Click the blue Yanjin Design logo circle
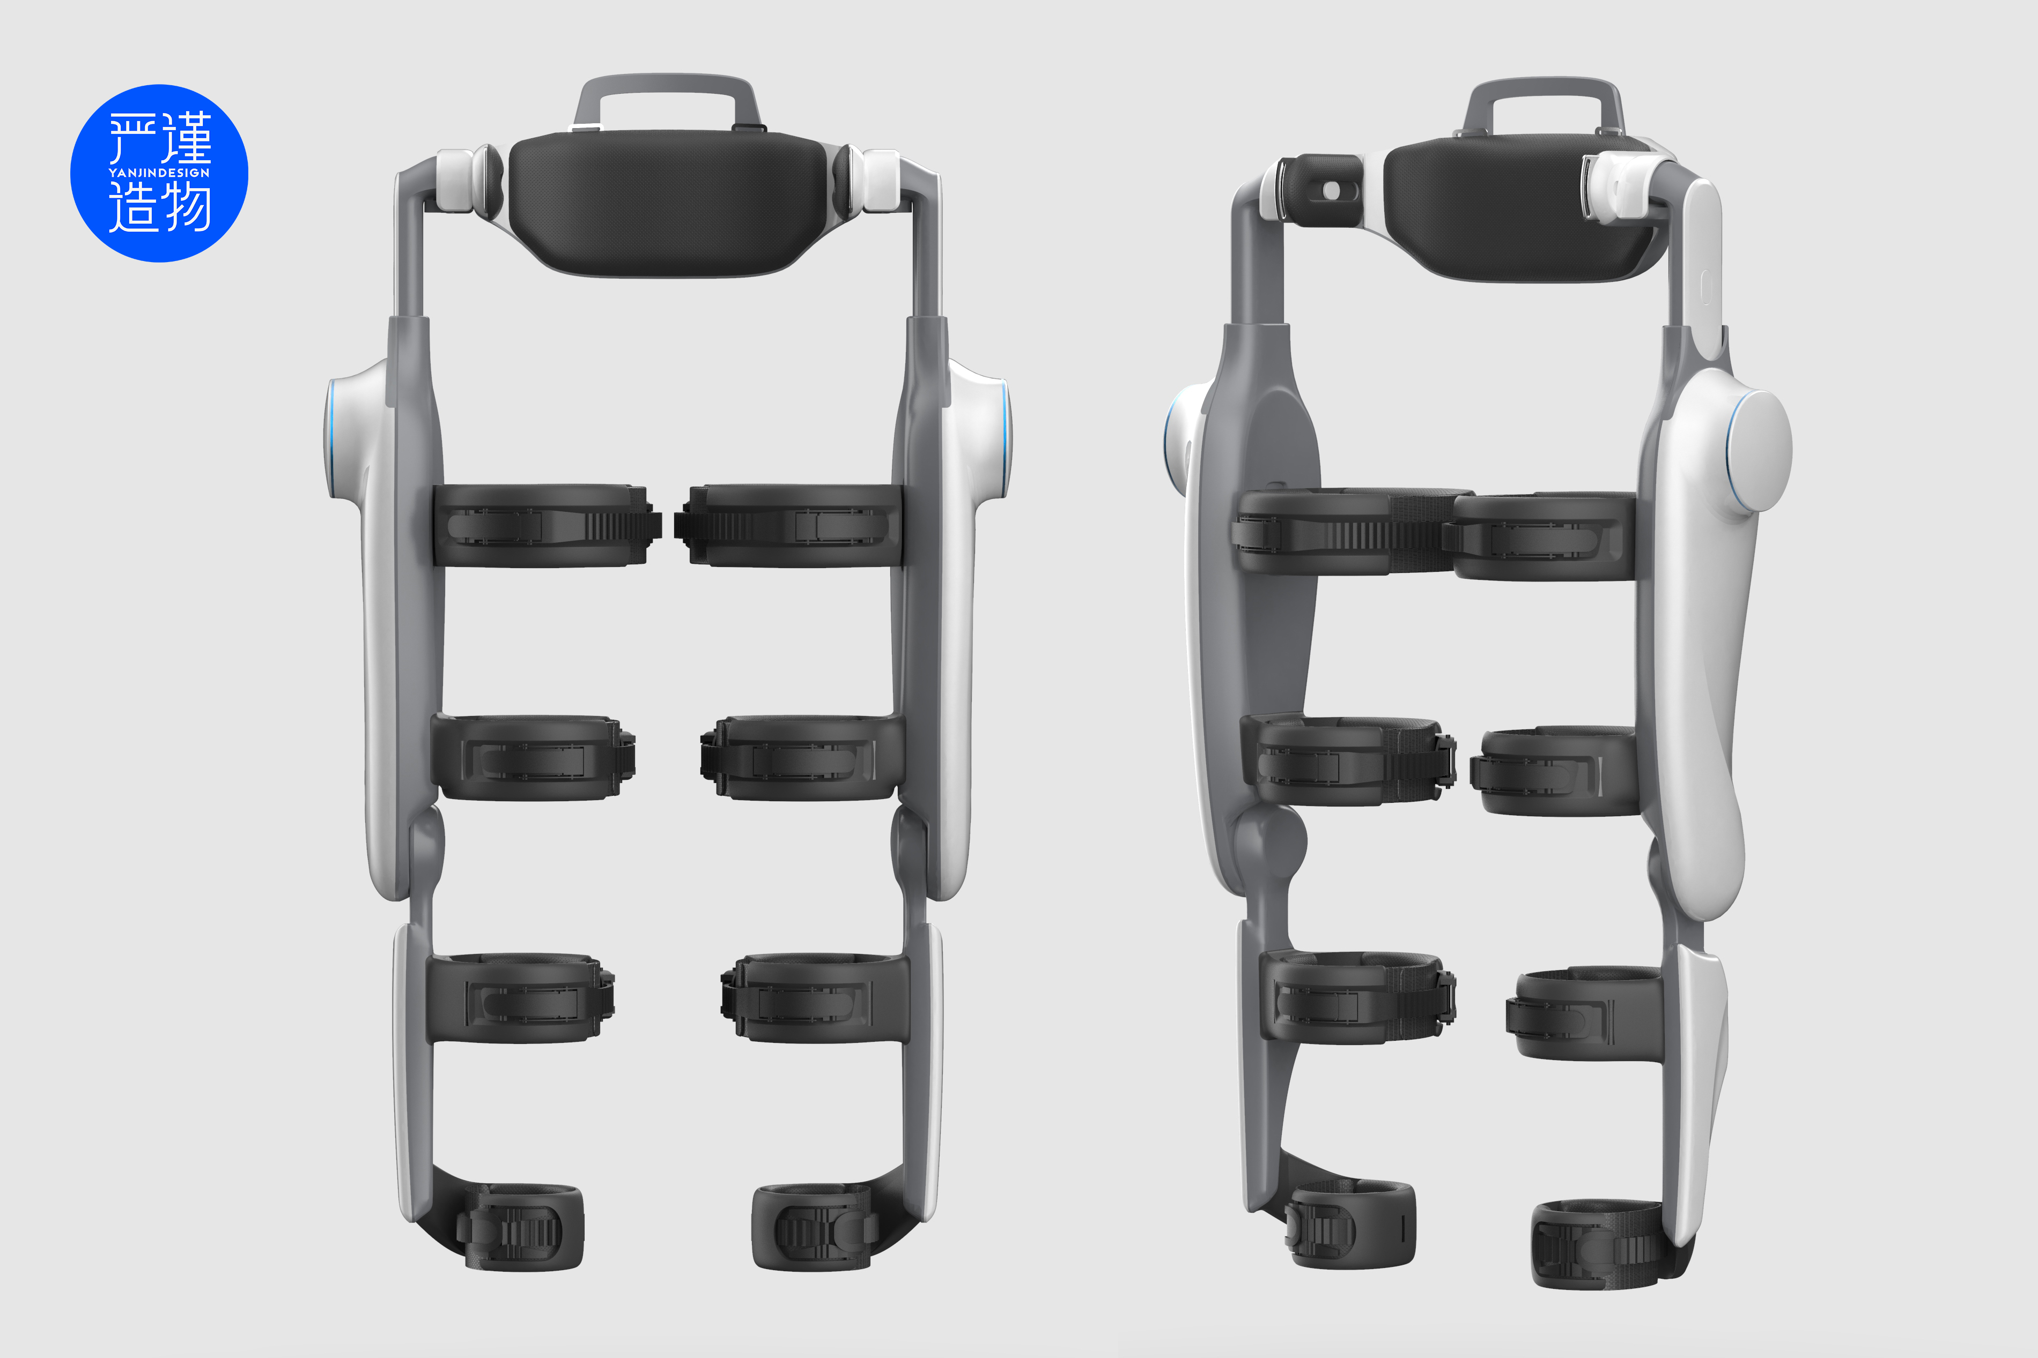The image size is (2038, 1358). coord(159,173)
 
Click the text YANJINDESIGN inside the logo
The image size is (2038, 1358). coord(159,173)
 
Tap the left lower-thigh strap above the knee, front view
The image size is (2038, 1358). coord(530,758)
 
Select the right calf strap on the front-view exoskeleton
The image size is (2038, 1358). coord(815,998)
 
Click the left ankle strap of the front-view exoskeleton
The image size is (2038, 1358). coord(520,1228)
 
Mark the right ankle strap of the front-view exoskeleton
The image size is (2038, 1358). coord(815,1228)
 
